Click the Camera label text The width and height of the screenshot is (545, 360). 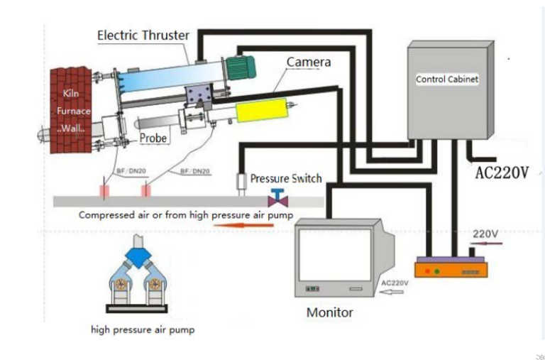point(308,62)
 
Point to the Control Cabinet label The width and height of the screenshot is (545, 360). point(447,80)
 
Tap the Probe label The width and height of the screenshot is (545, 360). point(153,138)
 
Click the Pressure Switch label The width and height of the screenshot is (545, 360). point(285,178)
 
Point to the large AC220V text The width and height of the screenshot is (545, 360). point(501,173)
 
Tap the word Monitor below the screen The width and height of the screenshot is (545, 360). point(329,312)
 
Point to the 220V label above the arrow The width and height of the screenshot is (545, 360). point(485,233)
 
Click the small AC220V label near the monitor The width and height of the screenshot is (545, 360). point(395,282)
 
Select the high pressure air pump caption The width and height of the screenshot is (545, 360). point(143,329)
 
